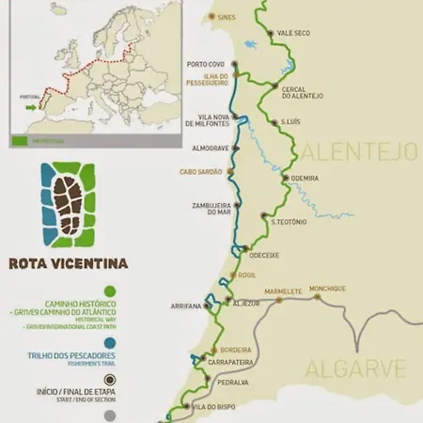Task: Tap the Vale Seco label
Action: point(292,33)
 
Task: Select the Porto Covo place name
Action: point(205,65)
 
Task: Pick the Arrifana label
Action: point(186,306)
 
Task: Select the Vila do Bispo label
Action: point(211,406)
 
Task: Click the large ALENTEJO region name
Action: point(358,150)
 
